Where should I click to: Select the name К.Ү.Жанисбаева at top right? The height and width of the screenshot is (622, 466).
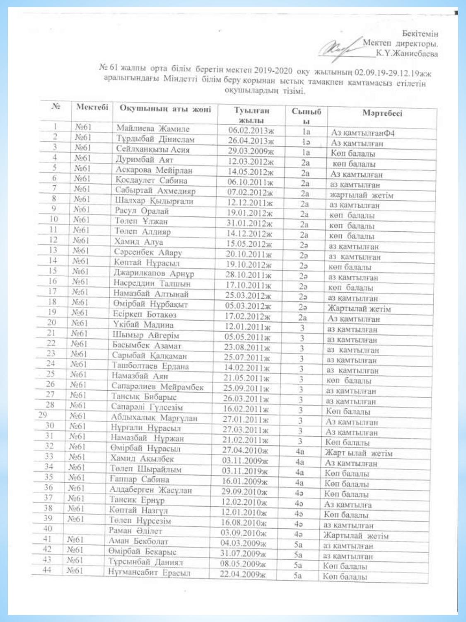click(406, 53)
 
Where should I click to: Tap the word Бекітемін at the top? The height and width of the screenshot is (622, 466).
click(420, 34)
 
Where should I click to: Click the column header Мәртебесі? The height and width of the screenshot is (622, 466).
click(382, 113)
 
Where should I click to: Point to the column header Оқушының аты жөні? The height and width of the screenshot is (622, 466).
click(165, 109)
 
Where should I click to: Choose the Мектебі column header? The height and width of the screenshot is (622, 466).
click(92, 107)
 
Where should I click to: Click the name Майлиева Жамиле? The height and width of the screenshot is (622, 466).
click(152, 129)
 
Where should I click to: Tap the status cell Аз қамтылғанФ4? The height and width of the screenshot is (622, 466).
click(362, 133)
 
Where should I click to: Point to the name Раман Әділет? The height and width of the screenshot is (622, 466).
click(135, 531)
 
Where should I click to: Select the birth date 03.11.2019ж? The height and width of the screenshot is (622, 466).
click(245, 471)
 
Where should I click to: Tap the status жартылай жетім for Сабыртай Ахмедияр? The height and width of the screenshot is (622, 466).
click(361, 195)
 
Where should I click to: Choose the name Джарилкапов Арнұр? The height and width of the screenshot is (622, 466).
click(154, 273)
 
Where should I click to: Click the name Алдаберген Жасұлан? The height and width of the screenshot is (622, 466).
click(150, 490)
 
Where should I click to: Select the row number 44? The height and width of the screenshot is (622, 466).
click(47, 570)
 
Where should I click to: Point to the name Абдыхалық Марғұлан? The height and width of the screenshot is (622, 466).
click(154, 418)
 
